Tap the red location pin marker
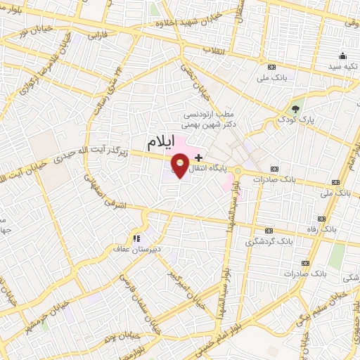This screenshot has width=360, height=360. [180, 166]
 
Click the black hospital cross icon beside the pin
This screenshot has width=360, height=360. [200, 156]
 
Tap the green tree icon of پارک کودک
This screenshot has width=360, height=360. [296, 109]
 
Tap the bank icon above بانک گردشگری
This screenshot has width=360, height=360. [269, 231]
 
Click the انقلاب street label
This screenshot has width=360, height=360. [213, 51]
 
